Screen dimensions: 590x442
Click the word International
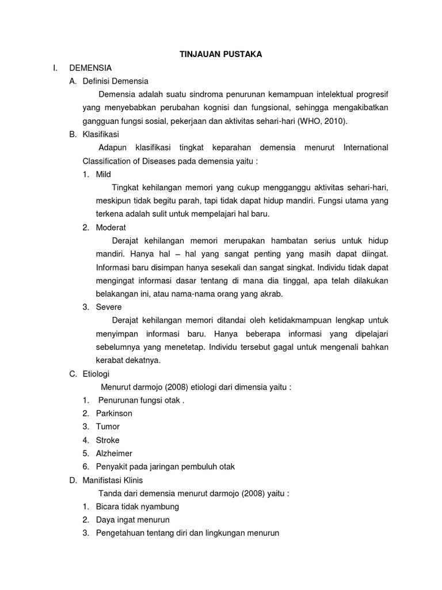365,147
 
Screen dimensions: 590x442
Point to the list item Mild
104,174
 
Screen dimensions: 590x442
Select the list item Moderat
110,227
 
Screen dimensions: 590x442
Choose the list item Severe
109,307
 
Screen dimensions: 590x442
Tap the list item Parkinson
114,414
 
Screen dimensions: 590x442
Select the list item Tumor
108,427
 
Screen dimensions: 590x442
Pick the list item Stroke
108,440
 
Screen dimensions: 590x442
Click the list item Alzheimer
114,453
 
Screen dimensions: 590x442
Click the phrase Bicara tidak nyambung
138,506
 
